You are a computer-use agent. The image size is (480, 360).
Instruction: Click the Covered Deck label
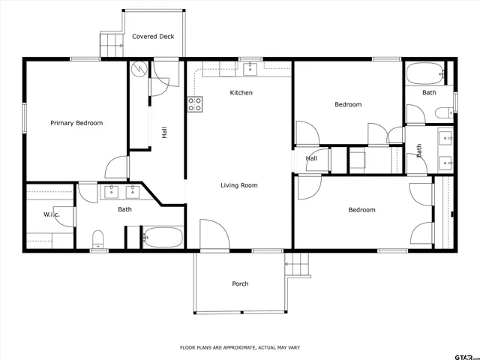(153, 36)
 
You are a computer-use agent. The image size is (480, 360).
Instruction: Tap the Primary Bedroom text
(76, 123)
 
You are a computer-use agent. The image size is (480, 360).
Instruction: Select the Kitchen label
(241, 93)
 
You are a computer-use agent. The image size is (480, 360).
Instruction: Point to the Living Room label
(239, 185)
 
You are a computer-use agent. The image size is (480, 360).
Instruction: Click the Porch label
(240, 283)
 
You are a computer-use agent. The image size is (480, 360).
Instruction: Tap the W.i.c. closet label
(51, 215)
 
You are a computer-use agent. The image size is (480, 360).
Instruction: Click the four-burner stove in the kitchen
(194, 104)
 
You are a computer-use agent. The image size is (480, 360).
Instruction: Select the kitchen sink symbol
(251, 69)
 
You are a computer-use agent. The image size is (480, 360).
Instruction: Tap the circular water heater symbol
(139, 69)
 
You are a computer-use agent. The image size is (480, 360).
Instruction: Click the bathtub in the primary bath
(163, 238)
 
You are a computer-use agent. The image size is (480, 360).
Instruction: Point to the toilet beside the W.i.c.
(97, 239)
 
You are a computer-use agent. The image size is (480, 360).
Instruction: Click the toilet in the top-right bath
(443, 113)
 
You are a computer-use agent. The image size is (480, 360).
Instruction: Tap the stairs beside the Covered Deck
(111, 43)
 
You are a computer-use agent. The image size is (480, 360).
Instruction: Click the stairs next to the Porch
(298, 265)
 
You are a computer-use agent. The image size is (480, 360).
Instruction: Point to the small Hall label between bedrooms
(311, 158)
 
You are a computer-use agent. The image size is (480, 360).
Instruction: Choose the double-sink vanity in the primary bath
(121, 191)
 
